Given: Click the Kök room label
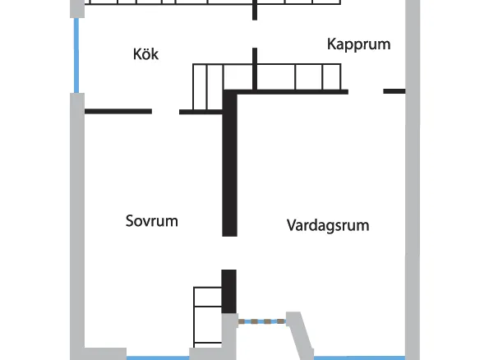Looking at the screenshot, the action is [x=145, y=54].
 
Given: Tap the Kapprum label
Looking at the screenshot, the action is [x=358, y=44].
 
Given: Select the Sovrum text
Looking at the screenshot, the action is [x=151, y=221].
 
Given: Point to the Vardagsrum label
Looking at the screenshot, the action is [x=328, y=225].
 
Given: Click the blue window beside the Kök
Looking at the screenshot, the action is [x=76, y=56].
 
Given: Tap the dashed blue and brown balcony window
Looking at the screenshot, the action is [x=261, y=321].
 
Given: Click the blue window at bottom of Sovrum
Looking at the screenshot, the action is [x=158, y=358].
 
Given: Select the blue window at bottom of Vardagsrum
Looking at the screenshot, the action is [x=359, y=358].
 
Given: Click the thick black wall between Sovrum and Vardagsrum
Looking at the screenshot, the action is [x=229, y=164].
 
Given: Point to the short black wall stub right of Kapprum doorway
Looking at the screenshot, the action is [x=394, y=91].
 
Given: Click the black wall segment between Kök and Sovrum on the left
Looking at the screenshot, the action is [x=118, y=111].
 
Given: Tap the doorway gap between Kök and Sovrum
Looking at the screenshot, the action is [x=165, y=111].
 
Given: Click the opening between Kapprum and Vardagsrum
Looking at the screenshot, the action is [x=366, y=91].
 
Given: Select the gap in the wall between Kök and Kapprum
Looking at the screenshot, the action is [x=255, y=34].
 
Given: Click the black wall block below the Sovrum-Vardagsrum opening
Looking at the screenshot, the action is [x=229, y=291].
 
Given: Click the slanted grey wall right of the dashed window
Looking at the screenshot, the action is [x=301, y=336].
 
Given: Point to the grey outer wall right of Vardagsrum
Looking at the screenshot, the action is [x=413, y=180].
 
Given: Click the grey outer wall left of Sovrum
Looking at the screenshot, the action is [x=77, y=227].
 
